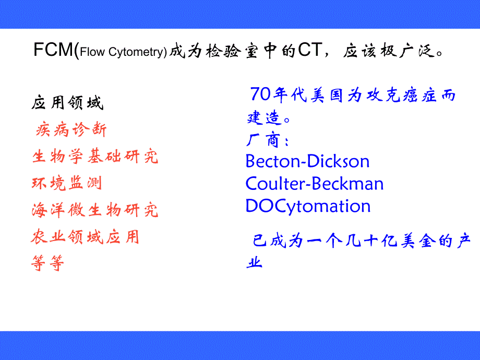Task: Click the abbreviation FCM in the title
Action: click(54, 51)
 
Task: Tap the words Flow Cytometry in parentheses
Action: click(123, 52)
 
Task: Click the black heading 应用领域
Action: click(67, 103)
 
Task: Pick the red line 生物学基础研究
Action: click(94, 156)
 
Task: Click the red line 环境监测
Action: click(66, 183)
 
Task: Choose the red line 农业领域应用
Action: click(85, 237)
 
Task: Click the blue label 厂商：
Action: click(267, 140)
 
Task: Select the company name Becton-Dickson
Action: click(307, 161)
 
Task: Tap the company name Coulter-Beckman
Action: click(315, 184)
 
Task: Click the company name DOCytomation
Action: click(308, 206)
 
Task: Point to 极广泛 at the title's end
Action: click(407, 51)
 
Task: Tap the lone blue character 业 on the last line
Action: click(255, 262)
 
